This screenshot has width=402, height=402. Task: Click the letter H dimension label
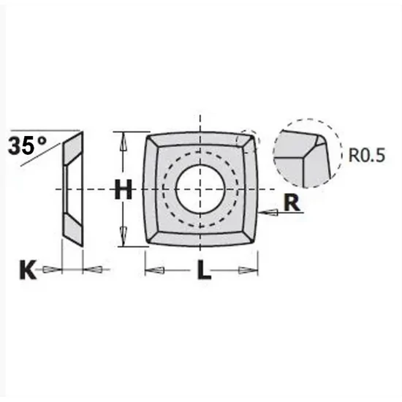pyautogui.click(x=124, y=191)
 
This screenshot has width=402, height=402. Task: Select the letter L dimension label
pyautogui.click(x=203, y=272)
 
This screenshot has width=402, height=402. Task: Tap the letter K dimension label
pyautogui.click(x=26, y=270)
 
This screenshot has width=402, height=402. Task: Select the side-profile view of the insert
pyautogui.click(x=72, y=189)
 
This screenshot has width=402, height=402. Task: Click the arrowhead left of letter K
pyautogui.click(x=49, y=270)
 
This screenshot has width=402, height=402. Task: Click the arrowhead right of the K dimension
pyautogui.click(x=94, y=270)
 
